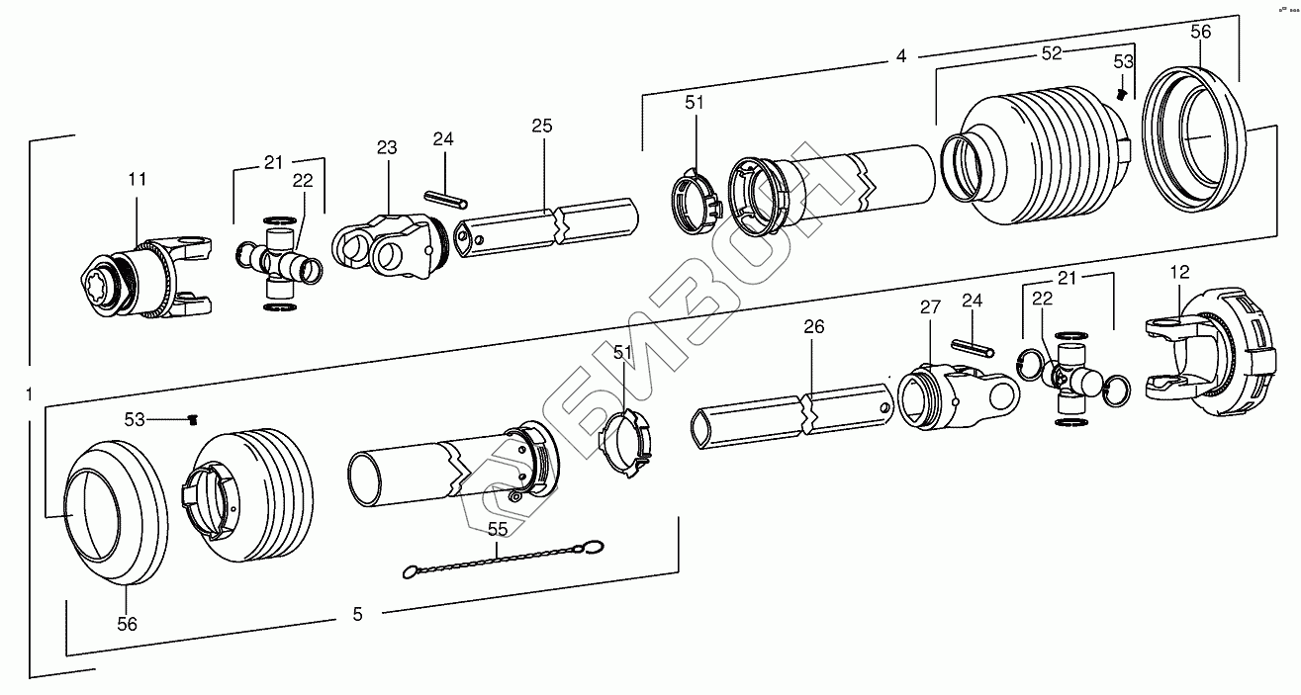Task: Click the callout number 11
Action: pos(137,179)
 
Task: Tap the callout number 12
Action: pos(1179,271)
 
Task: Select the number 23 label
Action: pos(386,147)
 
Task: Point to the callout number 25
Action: pos(541,126)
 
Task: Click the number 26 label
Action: pos(812,325)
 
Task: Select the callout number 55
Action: pos(498,529)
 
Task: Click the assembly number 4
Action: pos(900,56)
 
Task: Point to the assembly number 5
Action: pos(357,614)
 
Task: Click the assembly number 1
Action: pos(30,393)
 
